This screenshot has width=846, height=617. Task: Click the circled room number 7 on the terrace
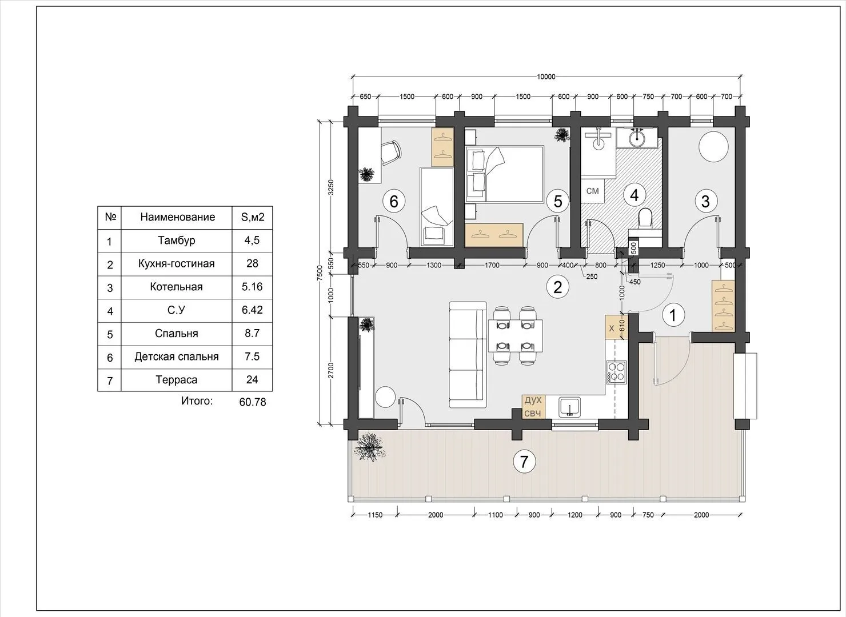[524, 461]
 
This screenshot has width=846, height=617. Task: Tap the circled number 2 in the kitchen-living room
[557, 287]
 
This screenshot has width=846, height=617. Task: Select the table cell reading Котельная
[177, 287]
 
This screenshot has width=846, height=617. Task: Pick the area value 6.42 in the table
[252, 310]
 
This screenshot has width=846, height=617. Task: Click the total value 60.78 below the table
[253, 402]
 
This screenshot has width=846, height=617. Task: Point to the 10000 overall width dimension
[546, 77]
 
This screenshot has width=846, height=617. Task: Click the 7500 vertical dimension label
[320, 273]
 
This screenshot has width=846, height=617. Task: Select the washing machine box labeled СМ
[593, 191]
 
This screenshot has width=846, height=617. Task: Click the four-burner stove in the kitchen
[617, 372]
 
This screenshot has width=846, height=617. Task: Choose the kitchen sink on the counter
[569, 407]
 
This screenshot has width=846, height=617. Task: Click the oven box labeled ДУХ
[533, 400]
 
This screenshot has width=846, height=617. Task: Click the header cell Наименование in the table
[178, 217]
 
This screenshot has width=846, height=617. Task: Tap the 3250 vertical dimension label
[331, 187]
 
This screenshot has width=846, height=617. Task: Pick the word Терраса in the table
[177, 380]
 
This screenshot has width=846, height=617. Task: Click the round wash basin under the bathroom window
[637, 137]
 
